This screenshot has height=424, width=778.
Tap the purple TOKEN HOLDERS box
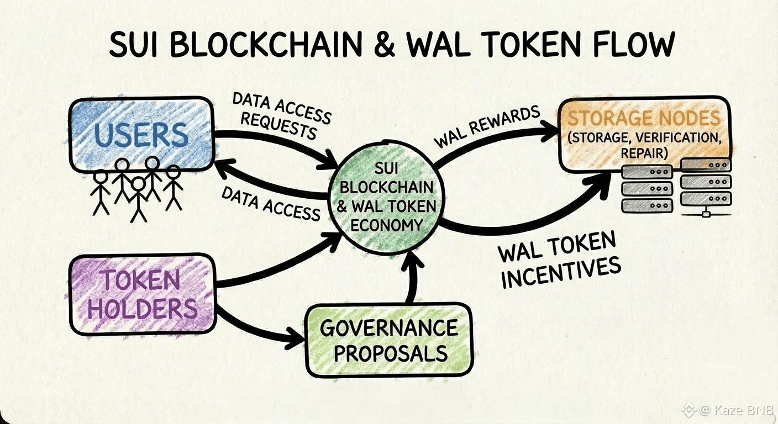click(x=143, y=294)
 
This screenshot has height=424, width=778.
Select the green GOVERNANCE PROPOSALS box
click(x=389, y=339)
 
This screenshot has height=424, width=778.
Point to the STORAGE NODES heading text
click(x=645, y=118)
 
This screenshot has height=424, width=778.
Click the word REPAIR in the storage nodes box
click(x=644, y=152)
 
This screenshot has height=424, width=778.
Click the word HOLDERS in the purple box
click(x=143, y=308)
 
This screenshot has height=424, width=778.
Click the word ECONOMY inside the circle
click(x=387, y=225)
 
